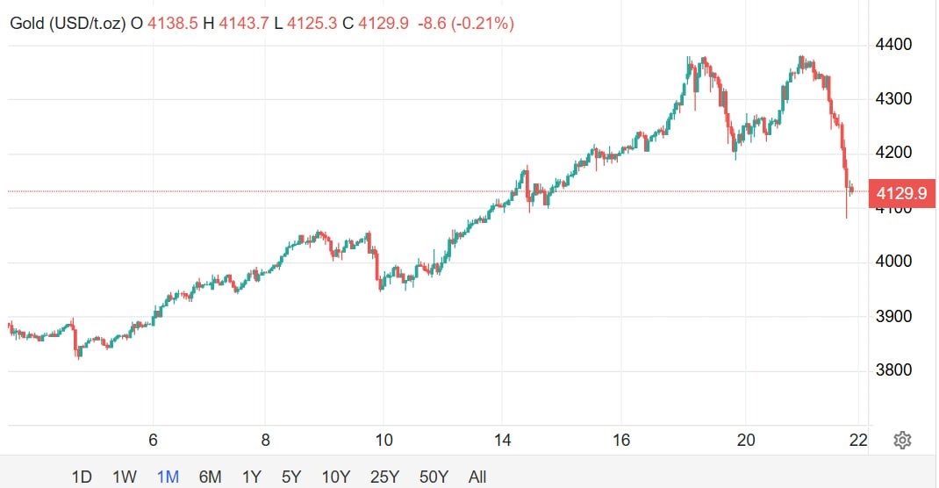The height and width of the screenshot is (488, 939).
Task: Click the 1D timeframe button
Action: click(x=82, y=477)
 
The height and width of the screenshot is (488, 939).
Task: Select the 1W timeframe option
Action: click(x=125, y=477)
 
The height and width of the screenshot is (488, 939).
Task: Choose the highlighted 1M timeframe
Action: click(x=168, y=477)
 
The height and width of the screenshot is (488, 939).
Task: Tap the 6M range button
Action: click(x=210, y=477)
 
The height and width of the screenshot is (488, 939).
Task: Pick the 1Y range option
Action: click(x=251, y=477)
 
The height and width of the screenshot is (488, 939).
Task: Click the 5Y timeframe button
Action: click(x=291, y=477)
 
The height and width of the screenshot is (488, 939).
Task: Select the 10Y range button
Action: click(x=336, y=477)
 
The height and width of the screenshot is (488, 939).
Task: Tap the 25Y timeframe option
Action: click(x=384, y=477)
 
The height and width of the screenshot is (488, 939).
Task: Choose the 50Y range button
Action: click(x=434, y=477)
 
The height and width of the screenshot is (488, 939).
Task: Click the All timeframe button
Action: click(x=477, y=477)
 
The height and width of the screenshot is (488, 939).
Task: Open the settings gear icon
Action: click(x=901, y=440)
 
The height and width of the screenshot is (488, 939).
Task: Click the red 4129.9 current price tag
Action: click(x=900, y=191)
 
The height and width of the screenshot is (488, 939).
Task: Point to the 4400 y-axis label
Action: click(x=894, y=45)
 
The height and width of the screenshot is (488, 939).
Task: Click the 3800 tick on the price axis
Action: click(x=894, y=370)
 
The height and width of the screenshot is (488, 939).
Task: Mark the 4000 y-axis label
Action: click(x=894, y=262)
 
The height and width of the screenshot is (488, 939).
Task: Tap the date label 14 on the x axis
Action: click(x=502, y=440)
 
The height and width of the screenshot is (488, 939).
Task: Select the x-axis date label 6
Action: click(x=153, y=440)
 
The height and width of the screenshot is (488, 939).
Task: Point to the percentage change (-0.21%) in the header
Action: click(x=483, y=24)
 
